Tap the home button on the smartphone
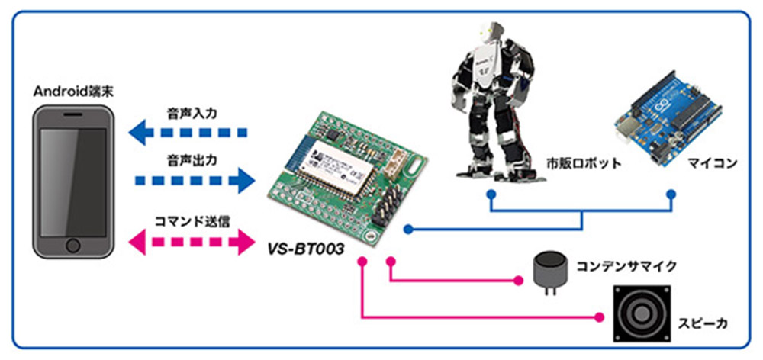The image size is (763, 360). (x=73, y=246)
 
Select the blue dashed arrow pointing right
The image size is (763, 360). (x=194, y=181)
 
